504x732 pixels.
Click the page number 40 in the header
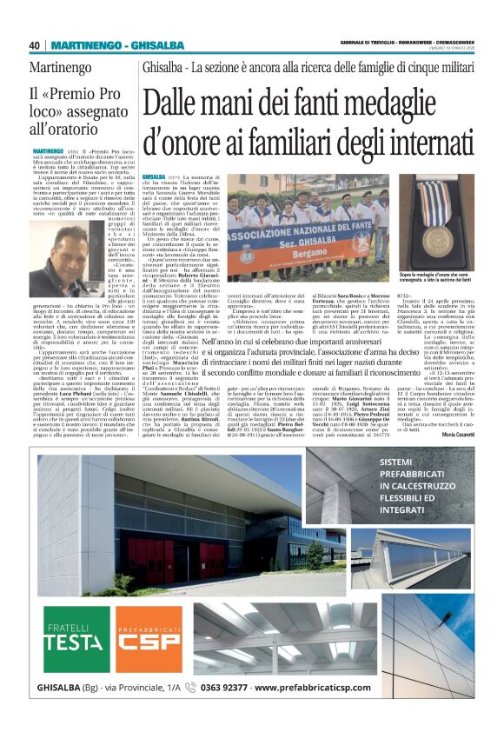(34, 45)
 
